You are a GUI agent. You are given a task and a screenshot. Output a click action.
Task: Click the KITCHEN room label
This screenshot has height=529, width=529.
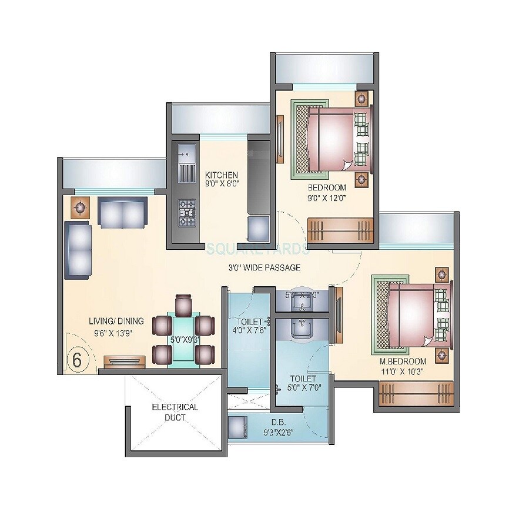[222, 175]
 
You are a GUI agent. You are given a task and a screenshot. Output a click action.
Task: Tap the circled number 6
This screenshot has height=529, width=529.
[76, 359]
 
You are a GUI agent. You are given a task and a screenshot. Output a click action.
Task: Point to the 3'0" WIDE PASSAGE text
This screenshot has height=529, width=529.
[264, 268]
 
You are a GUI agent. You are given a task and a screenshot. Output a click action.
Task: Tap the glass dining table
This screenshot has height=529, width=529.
[183, 339]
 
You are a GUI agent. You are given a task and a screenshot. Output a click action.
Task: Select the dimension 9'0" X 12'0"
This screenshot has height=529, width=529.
[326, 198]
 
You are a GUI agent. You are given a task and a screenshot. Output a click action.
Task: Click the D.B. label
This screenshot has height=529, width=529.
[278, 422]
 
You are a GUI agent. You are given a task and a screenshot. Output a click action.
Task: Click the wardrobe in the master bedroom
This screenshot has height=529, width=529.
[416, 393]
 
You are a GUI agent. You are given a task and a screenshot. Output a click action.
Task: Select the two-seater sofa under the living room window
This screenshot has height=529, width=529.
[122, 213]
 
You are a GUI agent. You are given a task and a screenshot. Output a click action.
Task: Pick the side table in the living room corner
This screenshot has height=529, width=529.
[78, 207]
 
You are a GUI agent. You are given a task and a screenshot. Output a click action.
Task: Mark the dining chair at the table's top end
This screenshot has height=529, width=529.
[183, 303]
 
